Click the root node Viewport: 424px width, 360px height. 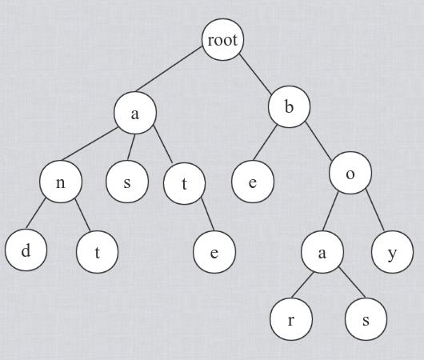tap(223, 39)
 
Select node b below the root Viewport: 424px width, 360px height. tap(289, 107)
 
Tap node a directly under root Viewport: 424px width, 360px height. tap(135, 113)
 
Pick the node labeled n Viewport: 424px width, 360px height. tap(61, 182)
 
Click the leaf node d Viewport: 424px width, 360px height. tap(26, 250)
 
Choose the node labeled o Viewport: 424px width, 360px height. tap(350, 173)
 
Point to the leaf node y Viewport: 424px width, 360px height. tap(392, 252)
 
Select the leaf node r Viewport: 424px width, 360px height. tap(291, 319)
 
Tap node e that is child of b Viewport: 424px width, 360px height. tap(253, 182)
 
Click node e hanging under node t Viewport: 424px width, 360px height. tap(214, 252)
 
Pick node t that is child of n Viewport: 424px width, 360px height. tap(97, 252)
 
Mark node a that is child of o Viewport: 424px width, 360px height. tap(322, 252)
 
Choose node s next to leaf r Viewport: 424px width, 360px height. tap(366, 319)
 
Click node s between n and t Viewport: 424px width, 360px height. tap(127, 182)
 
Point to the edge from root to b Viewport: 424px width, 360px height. tap(254, 74)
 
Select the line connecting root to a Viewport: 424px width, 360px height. tap(169, 69)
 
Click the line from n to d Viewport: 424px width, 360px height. tap(36, 213)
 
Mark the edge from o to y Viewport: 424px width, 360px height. tap(374, 210)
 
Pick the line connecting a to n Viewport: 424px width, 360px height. tap(90, 144)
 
